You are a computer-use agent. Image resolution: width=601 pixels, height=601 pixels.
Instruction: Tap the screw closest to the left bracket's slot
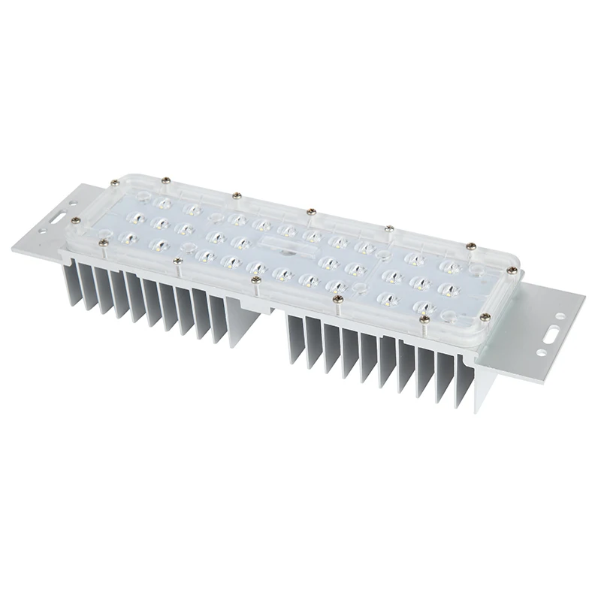(75, 220)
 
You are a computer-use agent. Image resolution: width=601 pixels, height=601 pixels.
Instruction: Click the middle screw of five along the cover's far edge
(310, 211)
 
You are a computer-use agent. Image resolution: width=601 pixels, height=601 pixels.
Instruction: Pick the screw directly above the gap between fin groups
(256, 280)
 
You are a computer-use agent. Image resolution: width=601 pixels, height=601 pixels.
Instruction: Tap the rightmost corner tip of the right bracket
(584, 295)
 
